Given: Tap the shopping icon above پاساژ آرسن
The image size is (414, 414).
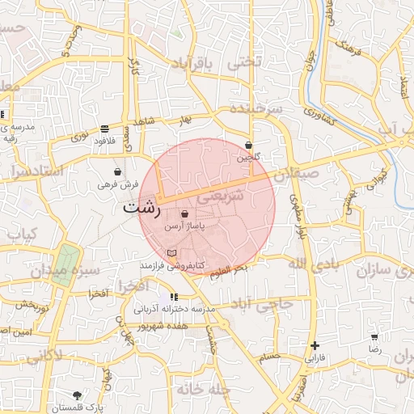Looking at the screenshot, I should [x=186, y=214].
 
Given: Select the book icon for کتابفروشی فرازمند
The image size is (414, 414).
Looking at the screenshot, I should [x=171, y=253].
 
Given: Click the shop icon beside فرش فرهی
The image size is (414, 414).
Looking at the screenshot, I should [x=119, y=172].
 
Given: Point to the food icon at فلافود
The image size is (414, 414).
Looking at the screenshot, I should [x=105, y=129].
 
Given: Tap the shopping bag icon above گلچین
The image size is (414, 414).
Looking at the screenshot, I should [x=249, y=146].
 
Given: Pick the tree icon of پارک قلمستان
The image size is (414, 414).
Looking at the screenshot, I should [x=77, y=395].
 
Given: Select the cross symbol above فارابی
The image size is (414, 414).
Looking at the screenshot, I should [x=314, y=345].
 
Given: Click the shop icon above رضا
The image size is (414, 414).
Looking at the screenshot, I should [x=374, y=337].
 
